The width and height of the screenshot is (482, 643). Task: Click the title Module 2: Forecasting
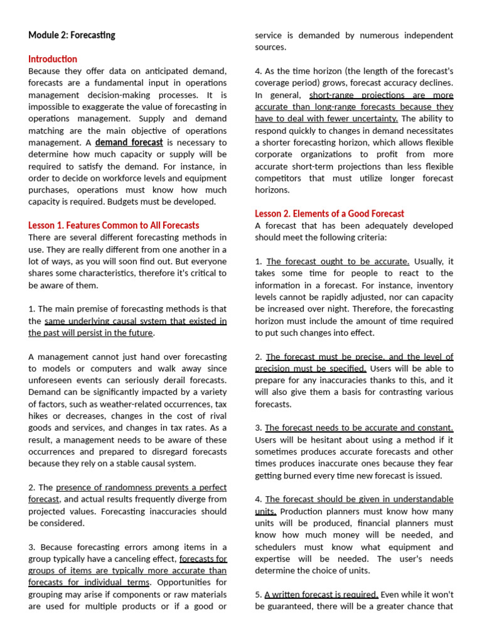coord(72,35)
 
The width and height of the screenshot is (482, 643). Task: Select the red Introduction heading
coord(53,59)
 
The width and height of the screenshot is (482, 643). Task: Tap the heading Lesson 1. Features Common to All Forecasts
coord(114,225)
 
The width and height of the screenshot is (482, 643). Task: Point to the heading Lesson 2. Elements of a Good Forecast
coord(329,213)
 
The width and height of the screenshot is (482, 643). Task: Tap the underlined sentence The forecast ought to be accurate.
coord(338,262)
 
